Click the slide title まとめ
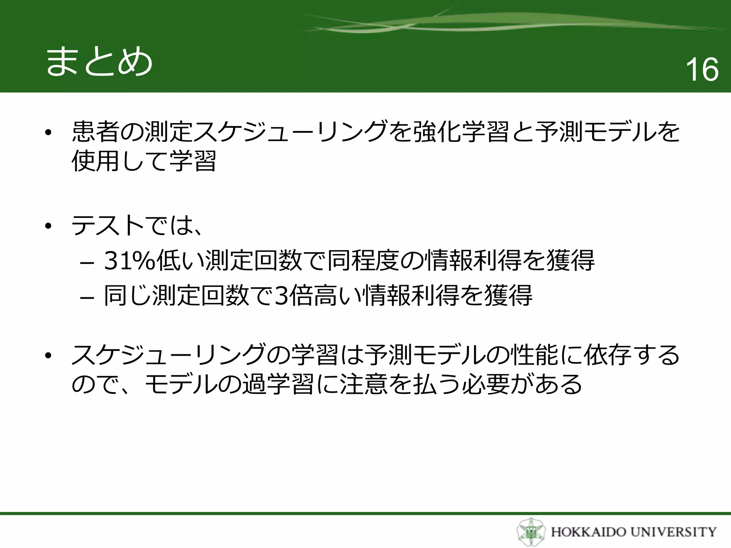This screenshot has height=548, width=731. (x=99, y=62)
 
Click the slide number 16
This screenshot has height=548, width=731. (x=702, y=70)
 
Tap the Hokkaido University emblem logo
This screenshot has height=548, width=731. (x=531, y=532)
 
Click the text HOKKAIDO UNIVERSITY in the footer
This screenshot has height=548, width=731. (x=634, y=532)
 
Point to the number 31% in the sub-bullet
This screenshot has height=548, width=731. (x=130, y=260)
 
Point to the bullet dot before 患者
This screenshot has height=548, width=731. (x=48, y=133)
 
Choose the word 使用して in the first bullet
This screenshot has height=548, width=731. (x=120, y=161)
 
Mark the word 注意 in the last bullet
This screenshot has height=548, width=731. (x=364, y=384)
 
